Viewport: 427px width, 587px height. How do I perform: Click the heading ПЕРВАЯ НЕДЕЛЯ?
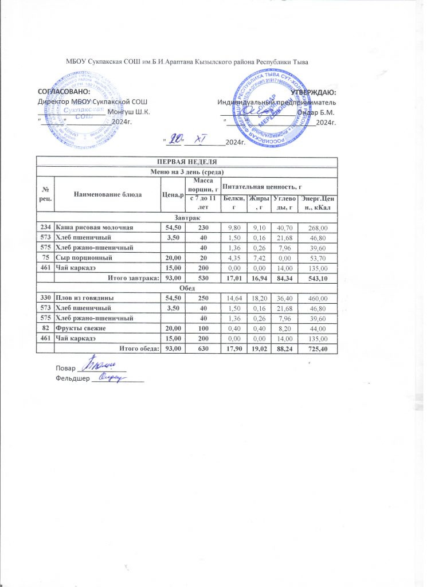click(x=187, y=162)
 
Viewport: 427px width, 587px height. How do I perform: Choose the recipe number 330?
click(x=45, y=299)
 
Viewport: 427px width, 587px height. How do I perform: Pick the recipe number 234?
click(x=45, y=228)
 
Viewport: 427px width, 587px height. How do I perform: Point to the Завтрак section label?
click(x=187, y=218)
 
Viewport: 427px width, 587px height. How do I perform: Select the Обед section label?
click(x=187, y=288)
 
